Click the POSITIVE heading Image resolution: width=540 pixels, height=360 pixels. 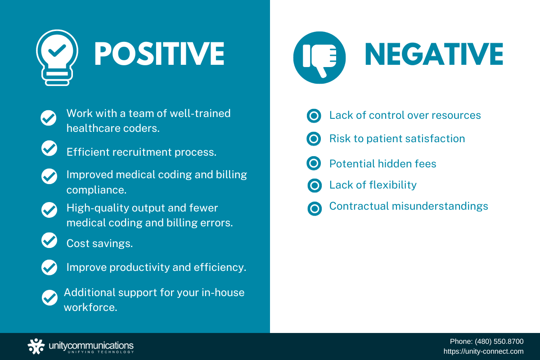click(159, 54)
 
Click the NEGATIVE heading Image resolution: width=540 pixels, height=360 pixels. click(434, 54)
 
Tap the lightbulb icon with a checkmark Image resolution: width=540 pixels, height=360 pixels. click(57, 58)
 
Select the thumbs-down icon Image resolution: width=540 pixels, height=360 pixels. click(319, 58)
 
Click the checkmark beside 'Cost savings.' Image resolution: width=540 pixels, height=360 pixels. click(49, 240)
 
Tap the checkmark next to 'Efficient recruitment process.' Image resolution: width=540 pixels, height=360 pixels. click(49, 148)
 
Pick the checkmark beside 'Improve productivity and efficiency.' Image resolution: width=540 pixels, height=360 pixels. click(49, 267)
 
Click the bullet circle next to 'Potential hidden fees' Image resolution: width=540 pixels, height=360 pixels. click(314, 163)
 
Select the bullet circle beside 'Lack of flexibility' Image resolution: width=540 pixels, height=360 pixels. click(315, 185)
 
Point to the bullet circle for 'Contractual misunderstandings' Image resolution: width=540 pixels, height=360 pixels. click(315, 208)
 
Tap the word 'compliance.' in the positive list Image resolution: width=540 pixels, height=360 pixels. click(96, 190)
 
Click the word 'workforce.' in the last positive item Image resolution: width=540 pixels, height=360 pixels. click(90, 307)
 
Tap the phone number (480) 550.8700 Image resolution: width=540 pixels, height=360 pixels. click(499, 342)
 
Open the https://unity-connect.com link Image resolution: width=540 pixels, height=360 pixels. click(483, 351)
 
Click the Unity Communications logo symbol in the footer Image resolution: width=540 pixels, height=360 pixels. click(36, 346)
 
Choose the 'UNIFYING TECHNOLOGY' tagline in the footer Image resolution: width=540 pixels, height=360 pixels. click(100, 352)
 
